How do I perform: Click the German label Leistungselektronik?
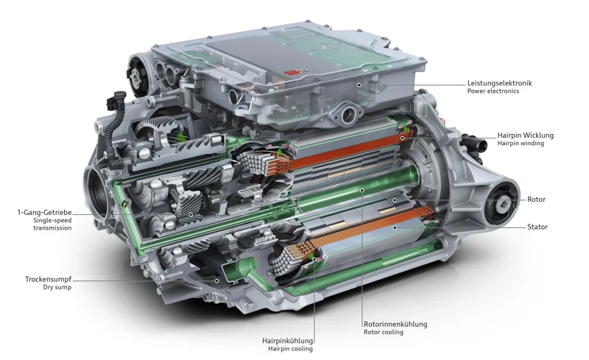pos(498,83)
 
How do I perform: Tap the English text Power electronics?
pos(493,92)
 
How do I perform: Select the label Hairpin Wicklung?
pos(525,135)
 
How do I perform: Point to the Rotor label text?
pos(536,200)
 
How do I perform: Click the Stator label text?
pos(537,227)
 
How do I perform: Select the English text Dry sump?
pos(57,287)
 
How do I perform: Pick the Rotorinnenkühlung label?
pos(395,324)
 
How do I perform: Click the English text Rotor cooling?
pos(383,332)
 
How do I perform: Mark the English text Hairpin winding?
pos(521,144)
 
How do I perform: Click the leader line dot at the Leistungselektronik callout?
pos(359,85)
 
